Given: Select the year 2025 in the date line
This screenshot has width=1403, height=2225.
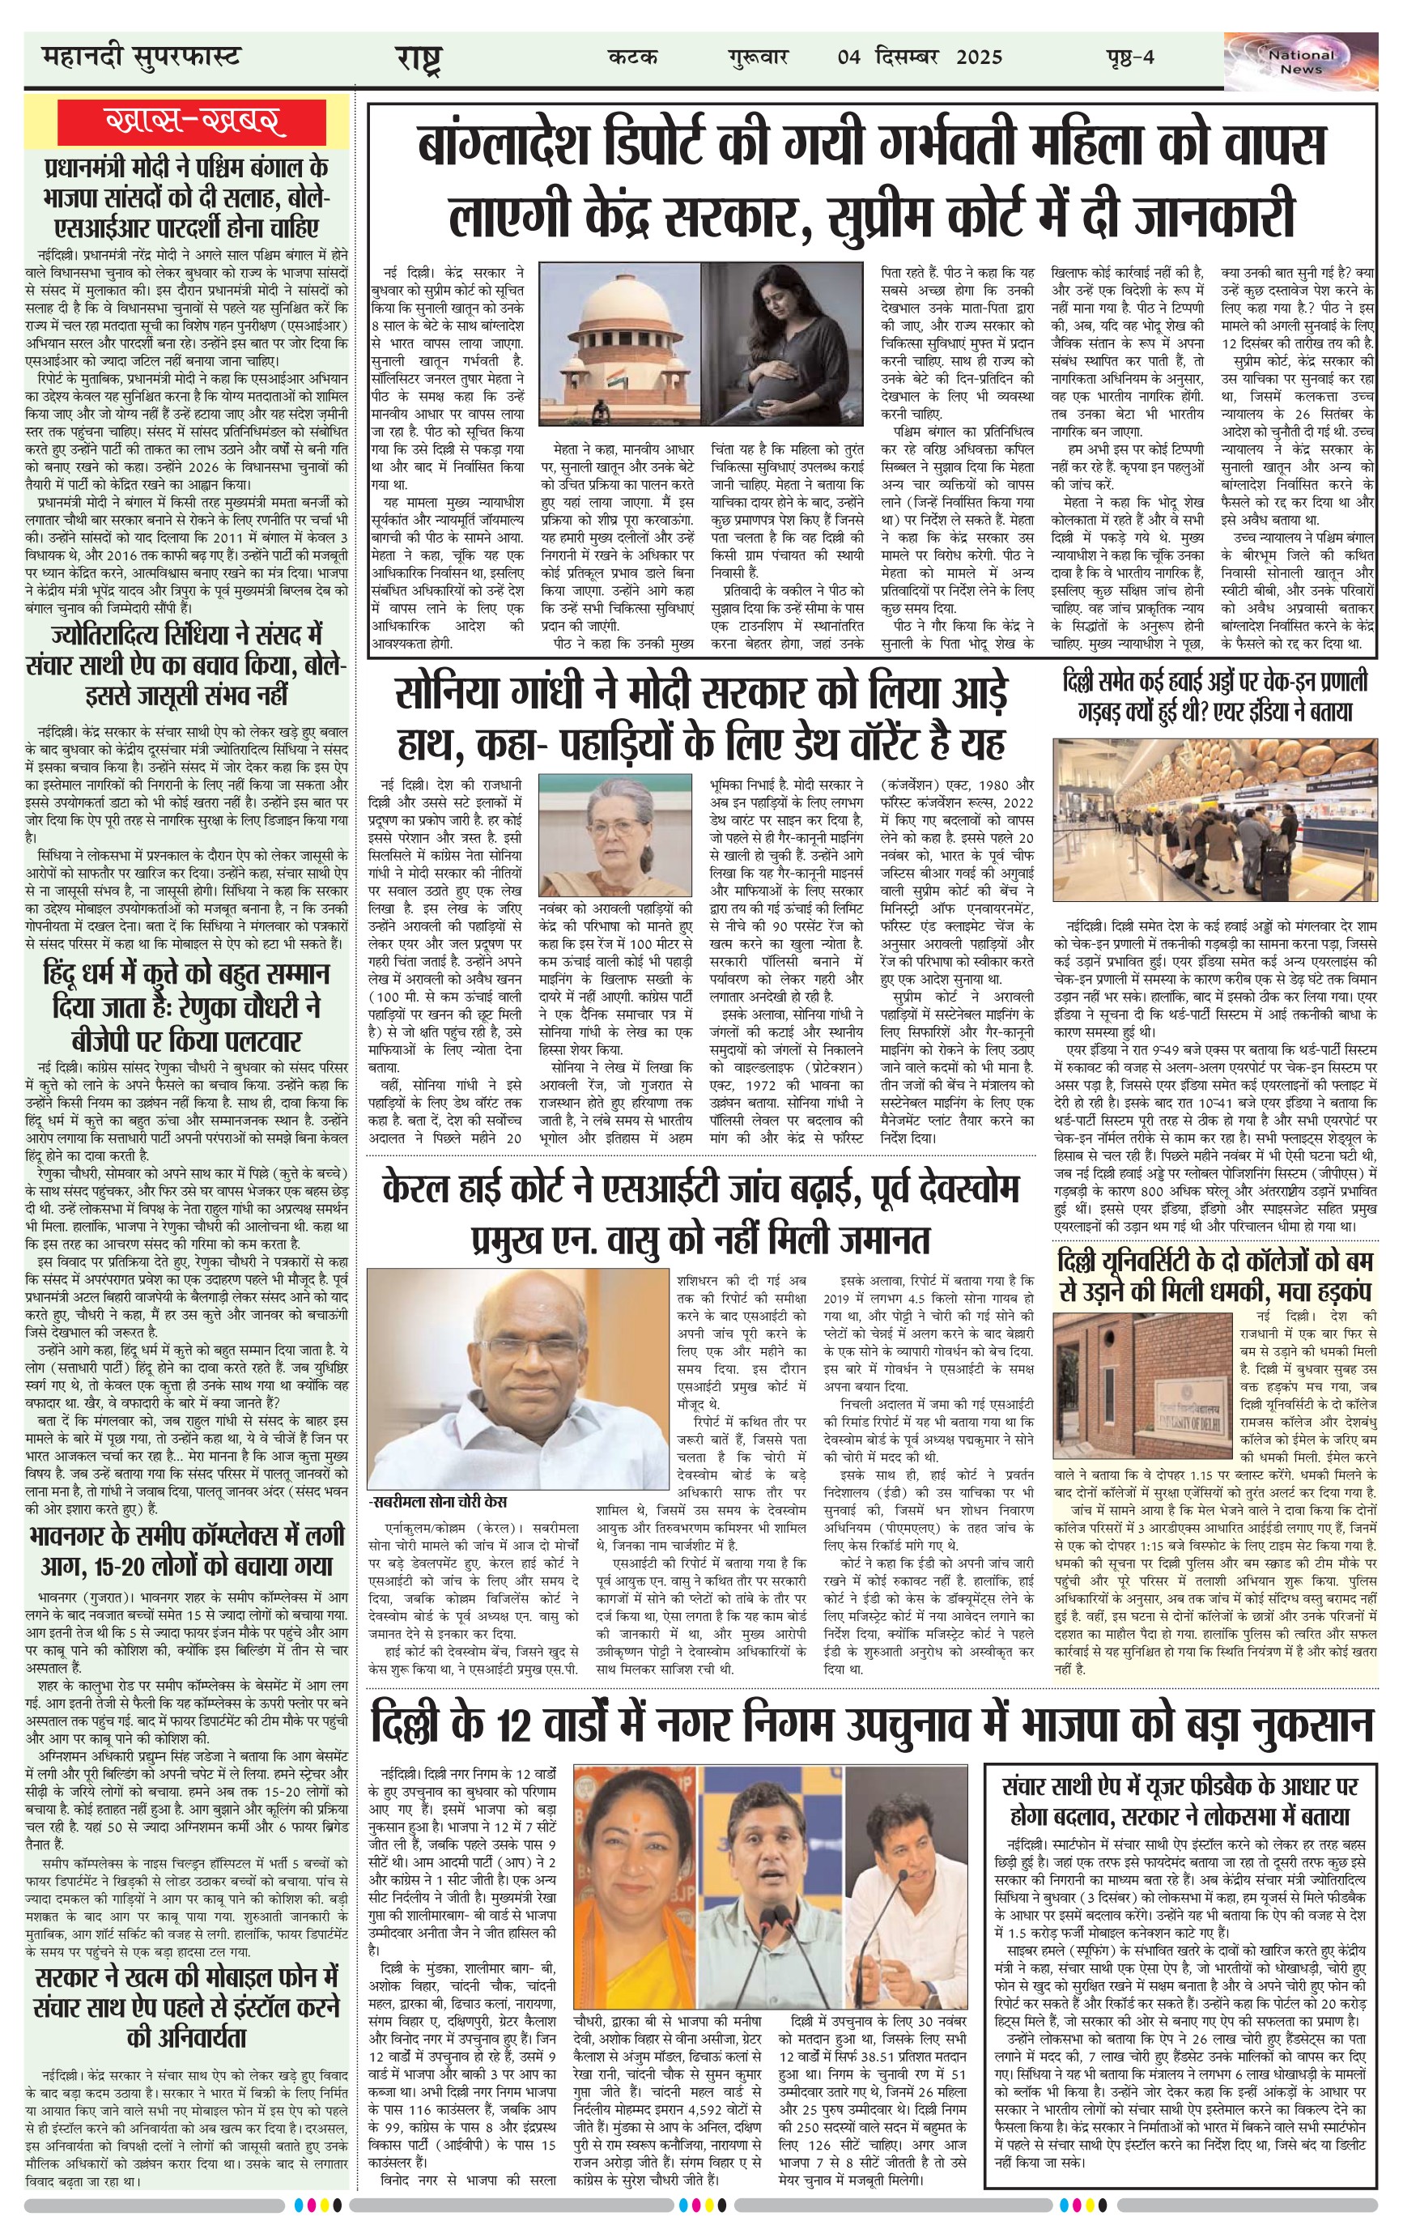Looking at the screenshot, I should (979, 58).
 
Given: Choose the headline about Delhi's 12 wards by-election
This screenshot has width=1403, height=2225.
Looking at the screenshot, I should (872, 1726).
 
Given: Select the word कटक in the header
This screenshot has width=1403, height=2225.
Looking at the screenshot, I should (634, 58).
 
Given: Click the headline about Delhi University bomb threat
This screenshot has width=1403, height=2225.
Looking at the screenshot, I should (1215, 1275).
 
